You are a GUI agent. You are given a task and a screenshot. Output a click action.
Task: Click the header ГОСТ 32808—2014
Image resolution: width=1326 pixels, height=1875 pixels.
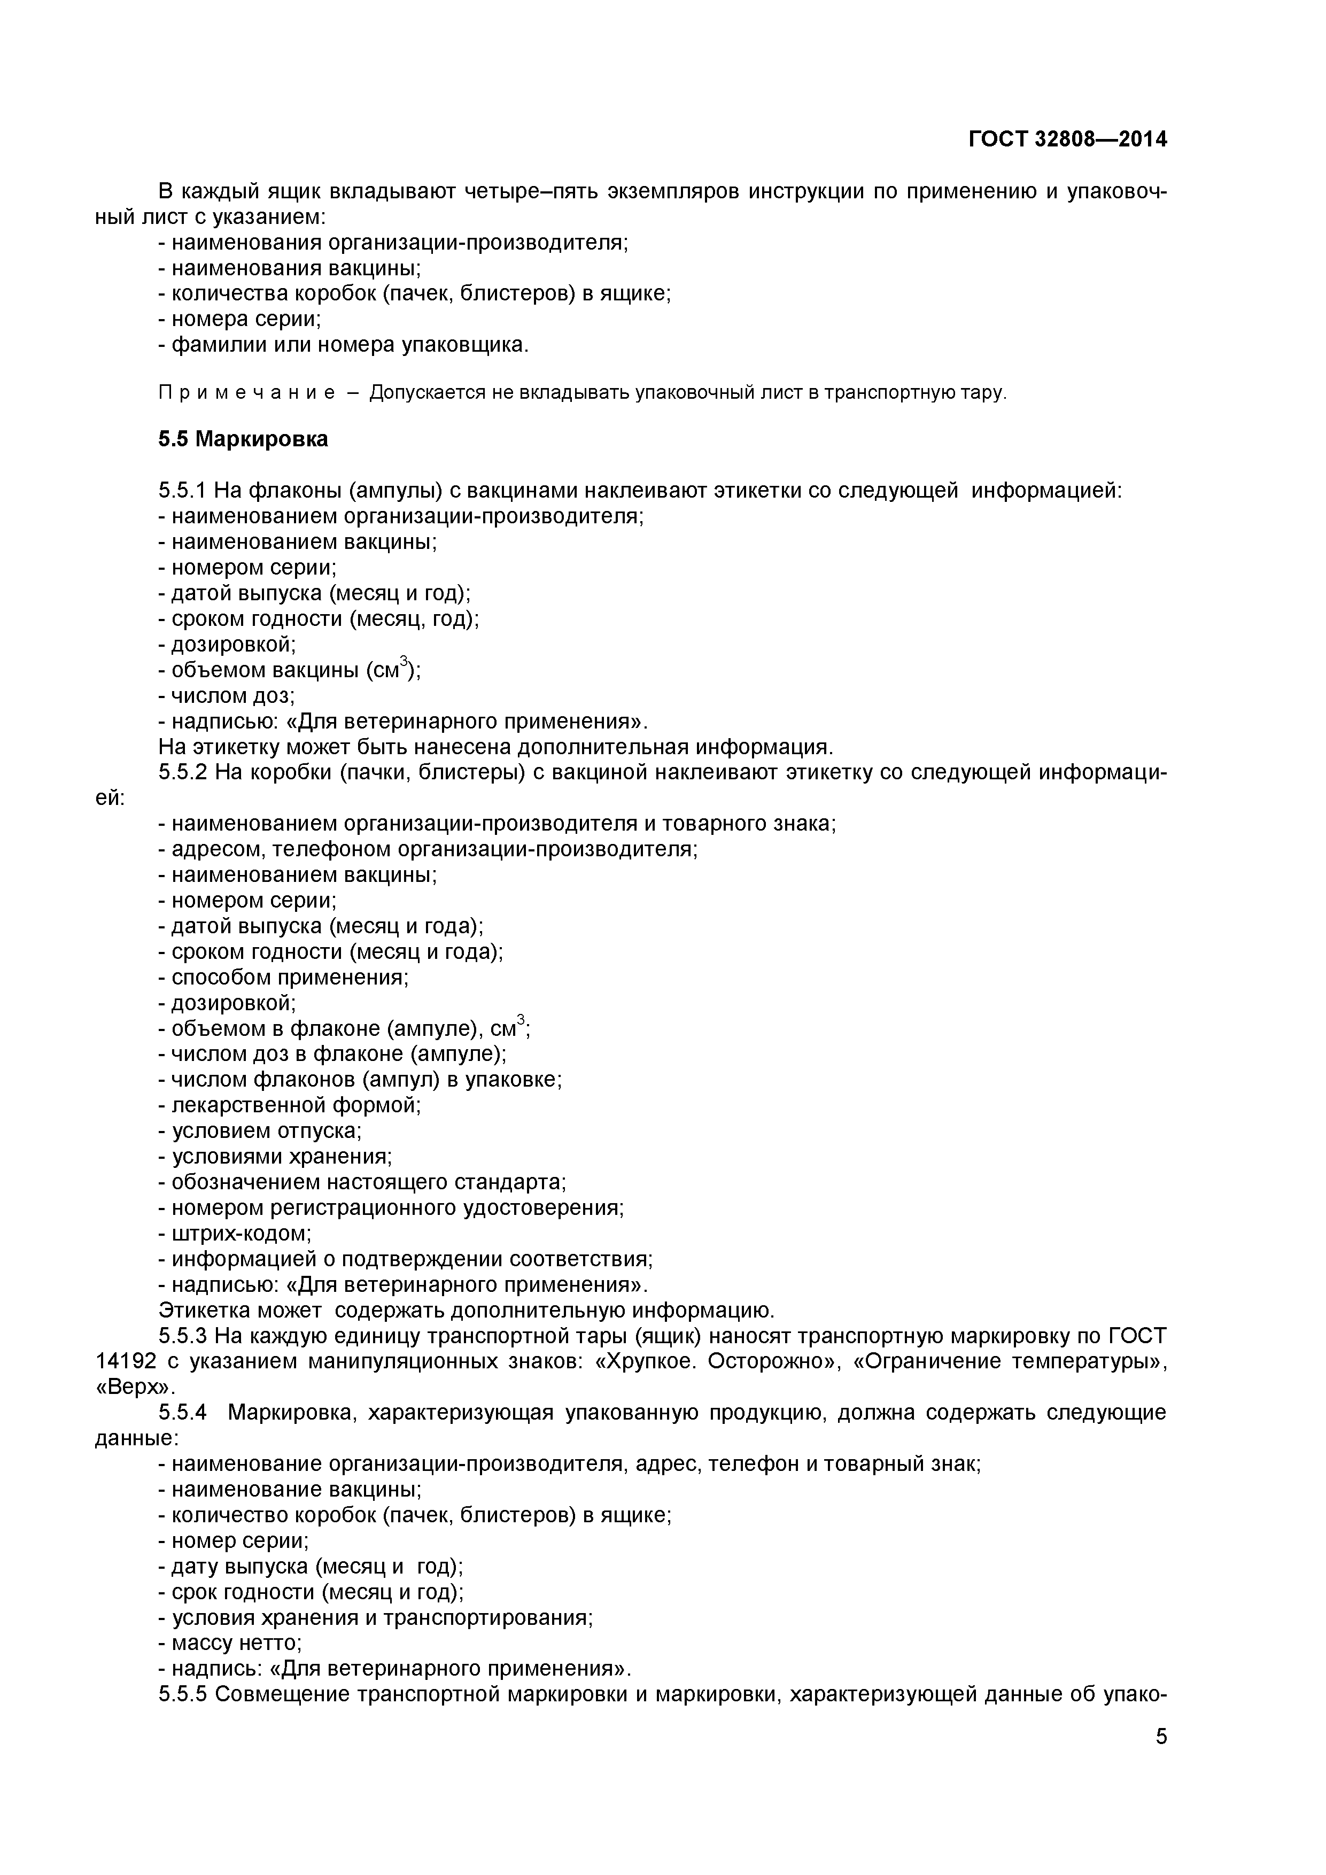tap(1067, 140)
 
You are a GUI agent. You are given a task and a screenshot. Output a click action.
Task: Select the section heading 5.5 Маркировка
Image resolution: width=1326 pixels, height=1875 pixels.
tap(243, 439)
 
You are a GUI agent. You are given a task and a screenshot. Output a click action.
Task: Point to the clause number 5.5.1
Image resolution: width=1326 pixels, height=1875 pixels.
tap(182, 491)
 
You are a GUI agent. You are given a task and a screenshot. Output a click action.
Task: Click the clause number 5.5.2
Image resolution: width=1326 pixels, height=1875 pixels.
tap(182, 772)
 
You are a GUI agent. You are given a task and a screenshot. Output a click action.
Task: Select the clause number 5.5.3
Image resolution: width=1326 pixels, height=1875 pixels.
tap(182, 1336)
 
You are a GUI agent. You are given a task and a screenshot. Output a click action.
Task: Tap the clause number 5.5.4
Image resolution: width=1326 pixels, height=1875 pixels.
tap(182, 1413)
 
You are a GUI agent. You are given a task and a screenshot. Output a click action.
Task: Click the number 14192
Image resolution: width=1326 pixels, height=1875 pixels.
tap(121, 1361)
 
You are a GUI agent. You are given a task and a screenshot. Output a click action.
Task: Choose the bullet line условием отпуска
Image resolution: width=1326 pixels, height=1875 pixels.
tap(260, 1131)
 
